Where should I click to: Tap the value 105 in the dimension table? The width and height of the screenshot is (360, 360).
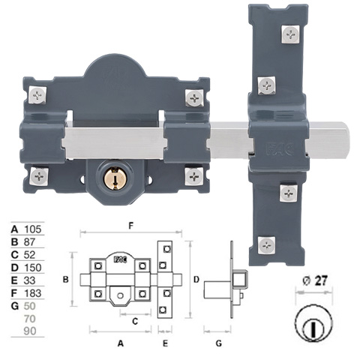(32, 229)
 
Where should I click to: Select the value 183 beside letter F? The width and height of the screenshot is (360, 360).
(32, 293)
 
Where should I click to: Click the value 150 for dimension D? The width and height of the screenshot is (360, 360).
(32, 268)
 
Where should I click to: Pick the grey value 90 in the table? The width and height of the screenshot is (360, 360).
(30, 331)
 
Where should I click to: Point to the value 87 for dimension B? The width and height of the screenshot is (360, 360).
(30, 242)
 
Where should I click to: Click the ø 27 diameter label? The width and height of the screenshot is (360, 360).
(315, 281)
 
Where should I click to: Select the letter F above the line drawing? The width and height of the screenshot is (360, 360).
(130, 226)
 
